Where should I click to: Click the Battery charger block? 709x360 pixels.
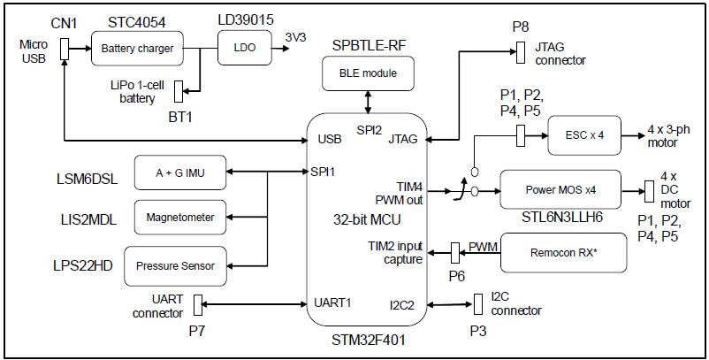137,47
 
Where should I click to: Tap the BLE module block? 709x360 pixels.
368,73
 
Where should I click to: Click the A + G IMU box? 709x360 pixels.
180,172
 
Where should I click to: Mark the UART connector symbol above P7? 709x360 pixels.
199,303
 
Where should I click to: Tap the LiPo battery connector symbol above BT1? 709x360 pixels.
179,90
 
